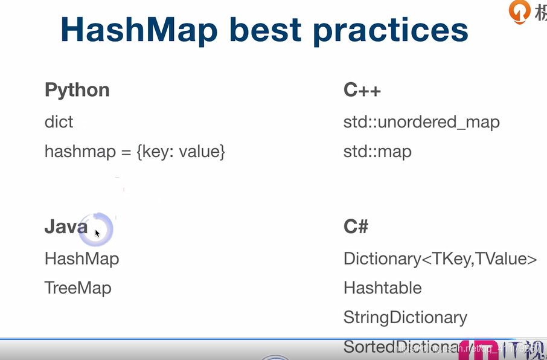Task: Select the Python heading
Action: tap(77, 90)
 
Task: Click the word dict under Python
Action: tap(59, 121)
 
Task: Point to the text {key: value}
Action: tap(181, 151)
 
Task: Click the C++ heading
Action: tap(362, 90)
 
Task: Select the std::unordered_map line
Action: tap(421, 122)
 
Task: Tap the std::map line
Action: tap(377, 151)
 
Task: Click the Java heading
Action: tap(66, 227)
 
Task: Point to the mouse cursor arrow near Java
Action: tap(97, 233)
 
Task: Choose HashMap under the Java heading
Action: tap(82, 259)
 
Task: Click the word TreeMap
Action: tap(78, 288)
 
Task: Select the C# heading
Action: tap(356, 227)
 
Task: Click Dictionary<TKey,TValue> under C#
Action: tap(440, 259)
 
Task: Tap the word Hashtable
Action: tap(382, 288)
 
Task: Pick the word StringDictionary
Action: tap(405, 317)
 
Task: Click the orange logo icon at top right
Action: tap(518, 11)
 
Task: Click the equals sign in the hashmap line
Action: tap(126, 152)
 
